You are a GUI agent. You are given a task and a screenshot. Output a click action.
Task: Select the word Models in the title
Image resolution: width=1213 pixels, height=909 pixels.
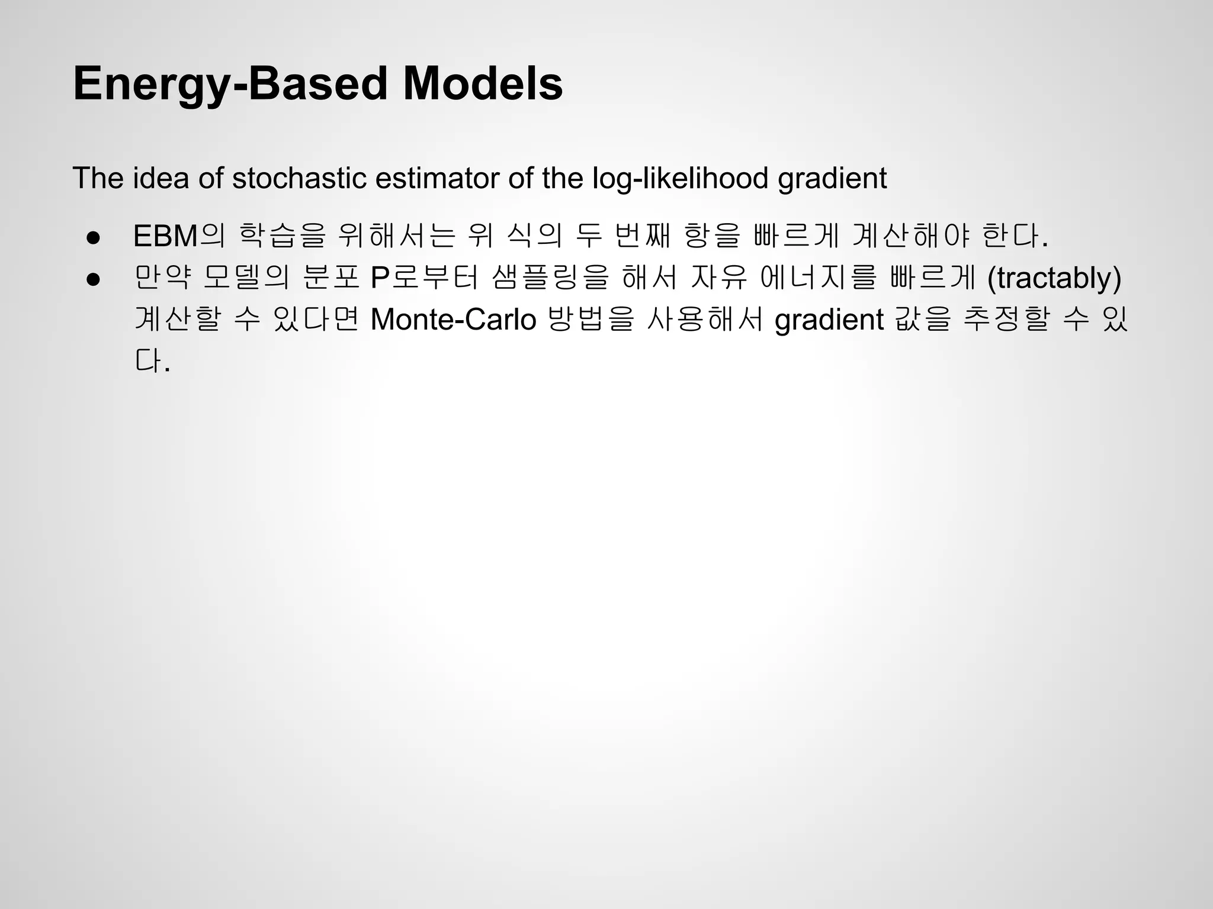[483, 84]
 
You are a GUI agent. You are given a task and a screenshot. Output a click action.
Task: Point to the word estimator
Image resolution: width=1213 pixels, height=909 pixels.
[438, 178]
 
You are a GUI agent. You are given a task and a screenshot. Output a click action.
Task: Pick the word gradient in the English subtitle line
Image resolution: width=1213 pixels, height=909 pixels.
[832, 178]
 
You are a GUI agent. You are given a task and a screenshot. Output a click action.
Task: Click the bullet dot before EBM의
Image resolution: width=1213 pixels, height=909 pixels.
[93, 237]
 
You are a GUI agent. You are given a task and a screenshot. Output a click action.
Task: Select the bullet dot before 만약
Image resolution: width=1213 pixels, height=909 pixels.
[93, 279]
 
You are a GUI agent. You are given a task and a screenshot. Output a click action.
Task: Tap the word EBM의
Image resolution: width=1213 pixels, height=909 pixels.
[179, 236]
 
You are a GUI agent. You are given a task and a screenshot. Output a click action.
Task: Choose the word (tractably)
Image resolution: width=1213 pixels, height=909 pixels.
[1054, 278]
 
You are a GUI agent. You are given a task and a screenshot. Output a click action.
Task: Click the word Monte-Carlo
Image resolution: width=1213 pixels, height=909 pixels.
[453, 320]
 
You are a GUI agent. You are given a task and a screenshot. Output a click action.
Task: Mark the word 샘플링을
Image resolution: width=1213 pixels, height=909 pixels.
[550, 278]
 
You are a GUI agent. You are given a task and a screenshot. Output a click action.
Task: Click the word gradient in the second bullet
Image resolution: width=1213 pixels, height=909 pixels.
[829, 320]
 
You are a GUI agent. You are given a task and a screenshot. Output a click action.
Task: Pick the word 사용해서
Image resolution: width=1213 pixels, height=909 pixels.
[705, 320]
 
